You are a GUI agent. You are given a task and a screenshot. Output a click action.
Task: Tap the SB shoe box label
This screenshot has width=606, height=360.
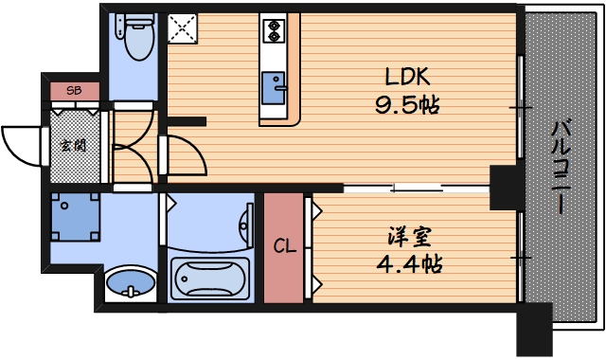click(x=75, y=91)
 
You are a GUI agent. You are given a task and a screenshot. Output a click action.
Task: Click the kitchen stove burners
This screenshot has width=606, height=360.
click(x=276, y=30)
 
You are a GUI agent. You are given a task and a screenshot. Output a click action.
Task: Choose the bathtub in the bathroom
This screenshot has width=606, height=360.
click(x=211, y=279)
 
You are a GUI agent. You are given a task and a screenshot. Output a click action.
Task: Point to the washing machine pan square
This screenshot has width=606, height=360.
click(x=75, y=219)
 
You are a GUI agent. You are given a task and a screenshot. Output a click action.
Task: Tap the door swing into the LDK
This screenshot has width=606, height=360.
click(x=186, y=157)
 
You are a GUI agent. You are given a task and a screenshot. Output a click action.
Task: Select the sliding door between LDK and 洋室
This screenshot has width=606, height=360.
click(x=417, y=188)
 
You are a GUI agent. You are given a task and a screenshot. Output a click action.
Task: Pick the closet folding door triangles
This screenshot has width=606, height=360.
click(x=316, y=246)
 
